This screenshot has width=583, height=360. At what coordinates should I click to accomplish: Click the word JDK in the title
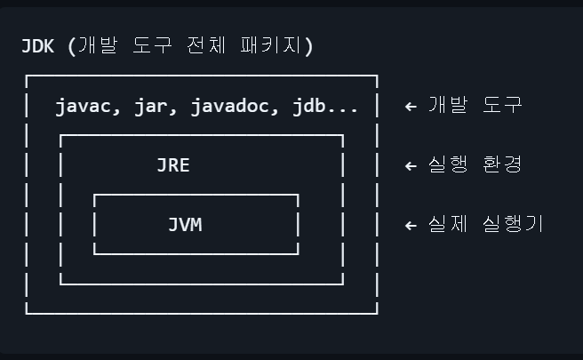pyautogui.click(x=38, y=45)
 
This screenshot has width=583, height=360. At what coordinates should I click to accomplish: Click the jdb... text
pyautogui.click(x=325, y=107)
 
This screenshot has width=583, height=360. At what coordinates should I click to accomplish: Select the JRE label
pyautogui.click(x=173, y=165)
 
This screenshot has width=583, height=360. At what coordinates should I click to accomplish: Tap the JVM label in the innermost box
pyautogui.click(x=185, y=225)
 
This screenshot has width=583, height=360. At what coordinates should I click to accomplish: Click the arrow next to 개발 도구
pyautogui.click(x=411, y=106)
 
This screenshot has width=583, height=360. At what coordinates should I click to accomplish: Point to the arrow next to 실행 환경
pyautogui.click(x=411, y=165)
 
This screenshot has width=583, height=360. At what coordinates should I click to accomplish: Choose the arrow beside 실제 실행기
pyautogui.click(x=411, y=225)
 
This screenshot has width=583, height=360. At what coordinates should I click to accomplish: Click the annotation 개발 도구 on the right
pyautogui.click(x=475, y=106)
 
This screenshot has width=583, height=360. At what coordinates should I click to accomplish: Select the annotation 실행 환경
pyautogui.click(x=475, y=165)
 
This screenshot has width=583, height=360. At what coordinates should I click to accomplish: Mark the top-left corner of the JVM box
pyautogui.click(x=94, y=195)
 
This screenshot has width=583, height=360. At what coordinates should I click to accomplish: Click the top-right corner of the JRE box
pyautogui.click(x=343, y=136)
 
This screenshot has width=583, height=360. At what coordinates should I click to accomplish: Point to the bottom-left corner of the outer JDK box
pyautogui.click(x=27, y=313)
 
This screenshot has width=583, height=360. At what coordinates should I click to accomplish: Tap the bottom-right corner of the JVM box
pyautogui.click(x=298, y=253)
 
